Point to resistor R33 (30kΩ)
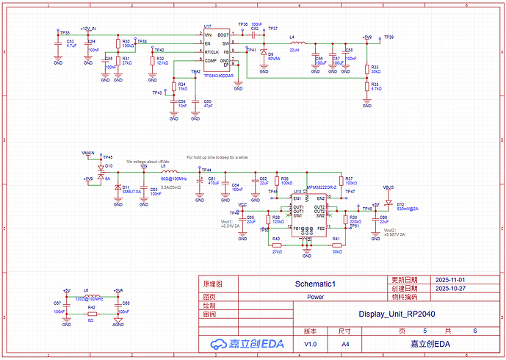(x=367, y=68)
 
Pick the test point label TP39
(x=388, y=37)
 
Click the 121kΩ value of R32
(x=162, y=63)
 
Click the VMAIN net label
(x=88, y=152)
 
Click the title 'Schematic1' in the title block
(x=314, y=283)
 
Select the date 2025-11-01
(x=449, y=281)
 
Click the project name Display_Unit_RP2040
(x=397, y=314)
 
